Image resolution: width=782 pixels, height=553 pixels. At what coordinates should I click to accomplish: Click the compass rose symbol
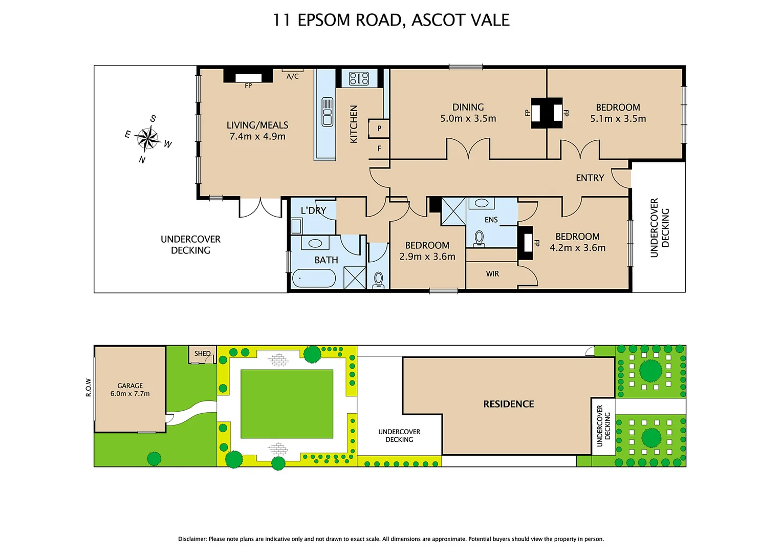point(148,139)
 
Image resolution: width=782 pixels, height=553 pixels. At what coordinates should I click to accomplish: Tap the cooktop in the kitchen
point(359,78)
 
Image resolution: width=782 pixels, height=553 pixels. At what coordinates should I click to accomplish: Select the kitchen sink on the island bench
point(327,112)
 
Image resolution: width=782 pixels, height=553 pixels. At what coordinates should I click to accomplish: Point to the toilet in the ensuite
point(480,238)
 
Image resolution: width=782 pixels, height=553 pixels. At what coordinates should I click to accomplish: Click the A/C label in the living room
point(292,76)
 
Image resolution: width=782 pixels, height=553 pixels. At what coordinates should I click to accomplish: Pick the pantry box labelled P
point(379,129)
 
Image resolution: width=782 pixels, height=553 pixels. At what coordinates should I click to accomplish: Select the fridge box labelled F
point(379,149)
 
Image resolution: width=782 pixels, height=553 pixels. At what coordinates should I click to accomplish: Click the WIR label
point(492,274)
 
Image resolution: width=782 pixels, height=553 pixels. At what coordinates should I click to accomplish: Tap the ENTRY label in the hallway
point(590,178)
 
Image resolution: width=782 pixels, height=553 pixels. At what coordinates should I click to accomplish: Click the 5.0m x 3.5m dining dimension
point(468,119)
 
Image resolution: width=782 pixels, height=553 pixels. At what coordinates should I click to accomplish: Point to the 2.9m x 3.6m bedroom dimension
point(427,257)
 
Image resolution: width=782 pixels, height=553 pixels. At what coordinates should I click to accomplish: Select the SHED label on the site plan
point(202,353)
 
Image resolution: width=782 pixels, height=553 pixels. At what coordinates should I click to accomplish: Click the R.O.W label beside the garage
point(88,388)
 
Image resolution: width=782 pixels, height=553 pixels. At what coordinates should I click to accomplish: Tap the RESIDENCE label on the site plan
point(508,404)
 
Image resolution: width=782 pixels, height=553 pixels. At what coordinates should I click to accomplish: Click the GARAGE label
point(130,386)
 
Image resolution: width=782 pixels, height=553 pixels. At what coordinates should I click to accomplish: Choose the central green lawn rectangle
point(287,404)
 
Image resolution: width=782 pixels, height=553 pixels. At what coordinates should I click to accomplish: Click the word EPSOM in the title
point(324,20)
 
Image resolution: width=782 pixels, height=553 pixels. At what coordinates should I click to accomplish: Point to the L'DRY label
point(313,210)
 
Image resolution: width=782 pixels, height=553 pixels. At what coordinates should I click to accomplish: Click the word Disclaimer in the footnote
point(192,539)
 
